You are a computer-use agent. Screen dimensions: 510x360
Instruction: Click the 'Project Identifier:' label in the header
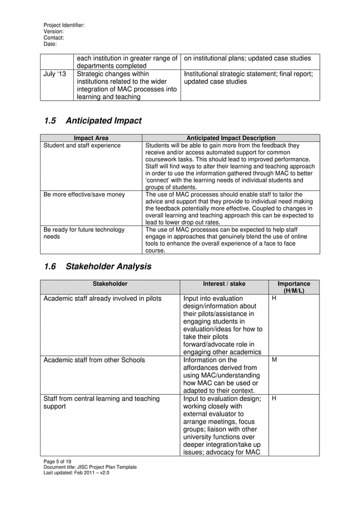point(64,25)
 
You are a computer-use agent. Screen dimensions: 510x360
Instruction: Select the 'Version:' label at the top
point(54,32)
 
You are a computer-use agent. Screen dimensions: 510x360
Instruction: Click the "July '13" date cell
point(55,73)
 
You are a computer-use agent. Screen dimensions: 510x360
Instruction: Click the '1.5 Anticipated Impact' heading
point(93,121)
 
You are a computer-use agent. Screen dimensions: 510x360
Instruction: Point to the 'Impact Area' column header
point(91,138)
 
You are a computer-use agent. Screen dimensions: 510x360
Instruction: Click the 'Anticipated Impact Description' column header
point(231,138)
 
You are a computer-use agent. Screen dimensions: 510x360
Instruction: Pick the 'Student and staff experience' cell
point(82,146)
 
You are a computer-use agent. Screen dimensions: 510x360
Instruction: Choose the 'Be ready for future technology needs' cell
point(81,233)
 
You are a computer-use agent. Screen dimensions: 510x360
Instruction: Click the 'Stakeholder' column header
point(110,284)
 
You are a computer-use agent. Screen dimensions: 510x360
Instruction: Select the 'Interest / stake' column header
point(224,284)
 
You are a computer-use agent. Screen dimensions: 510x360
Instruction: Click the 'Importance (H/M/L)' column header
point(294,287)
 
